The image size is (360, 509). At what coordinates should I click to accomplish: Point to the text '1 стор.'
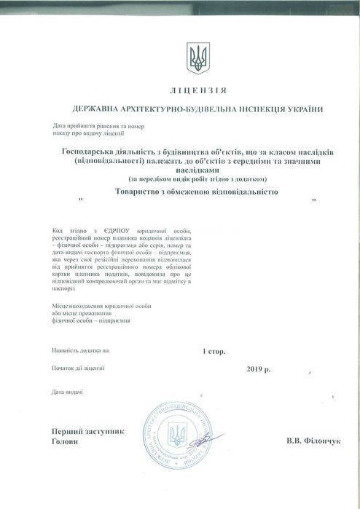click(x=214, y=350)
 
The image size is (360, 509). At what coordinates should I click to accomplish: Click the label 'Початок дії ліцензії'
click(x=78, y=368)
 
